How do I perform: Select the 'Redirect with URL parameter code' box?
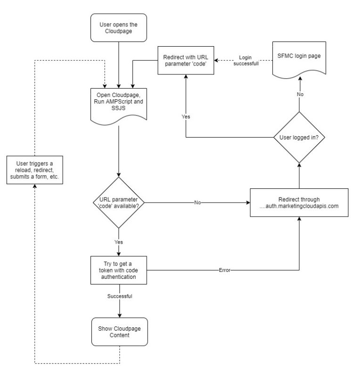[x=185, y=60]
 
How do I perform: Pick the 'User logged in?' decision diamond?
[x=299, y=138]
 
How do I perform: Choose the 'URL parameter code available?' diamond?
[x=118, y=203]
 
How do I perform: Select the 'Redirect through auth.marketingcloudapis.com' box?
[x=299, y=203]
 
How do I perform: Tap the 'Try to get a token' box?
[x=118, y=270]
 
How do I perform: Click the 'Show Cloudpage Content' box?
[x=118, y=331]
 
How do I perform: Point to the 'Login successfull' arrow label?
[x=246, y=60]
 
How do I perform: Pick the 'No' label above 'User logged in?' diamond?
[x=299, y=94]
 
